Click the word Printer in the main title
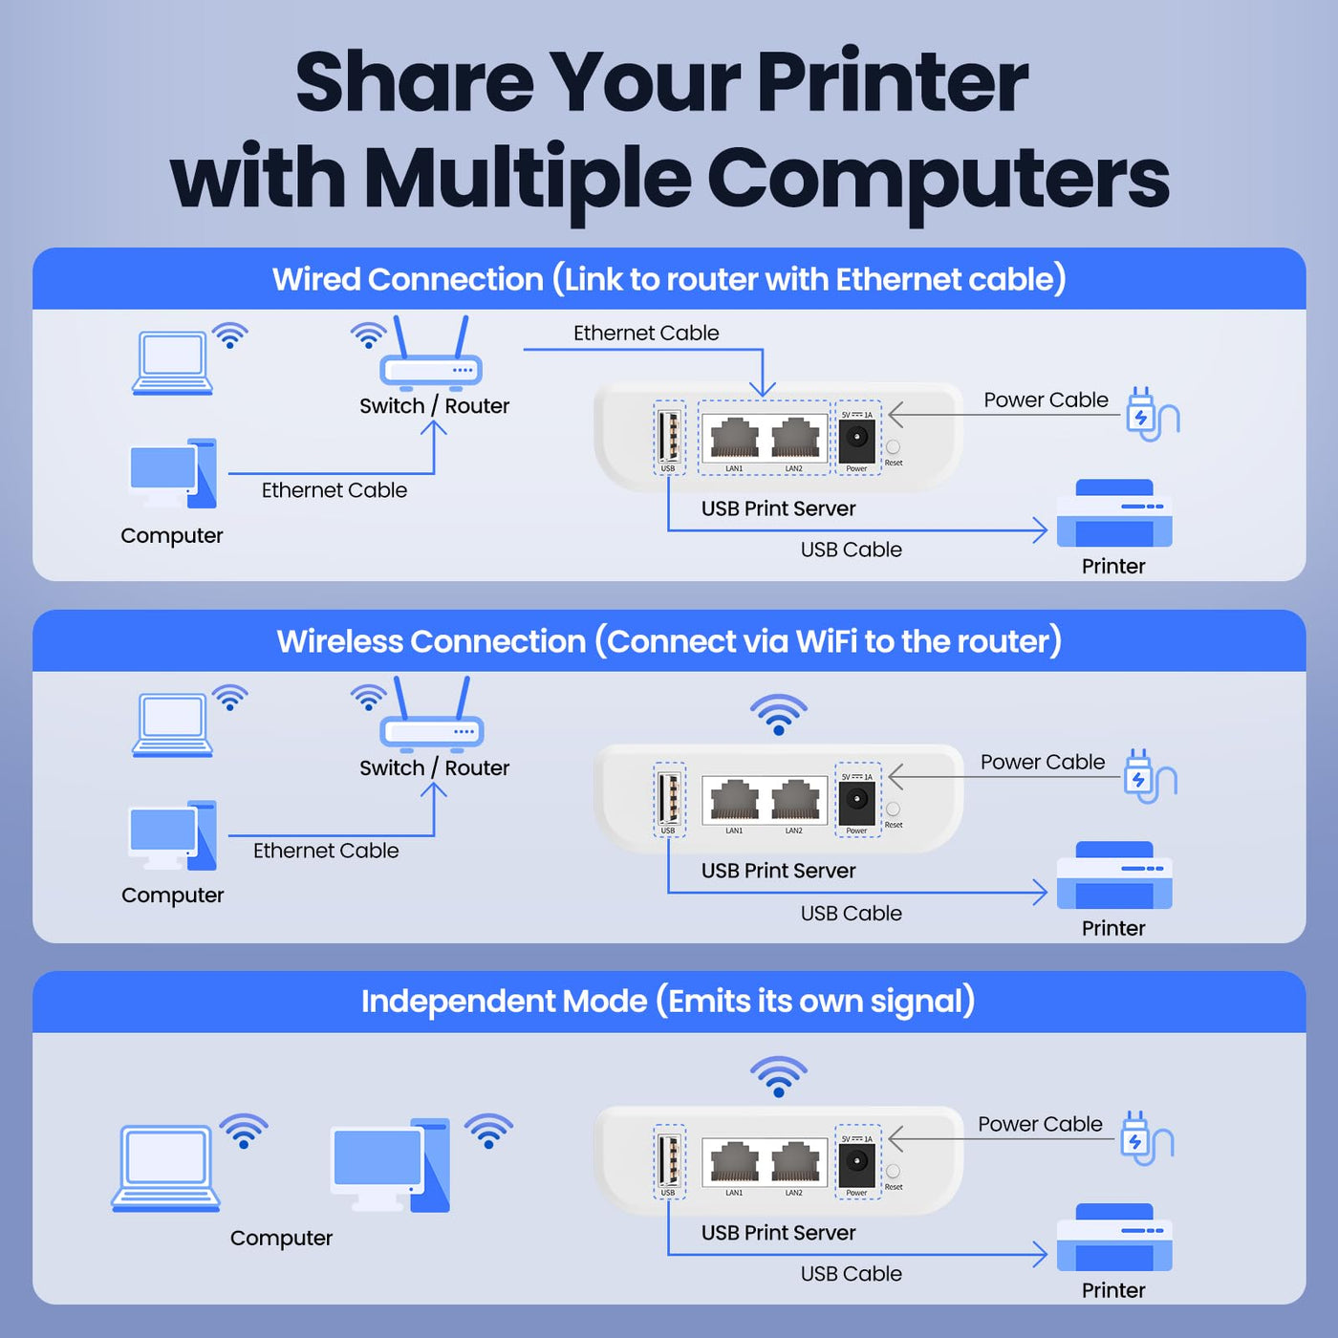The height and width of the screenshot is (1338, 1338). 892,82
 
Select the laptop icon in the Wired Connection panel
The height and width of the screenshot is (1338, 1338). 172,363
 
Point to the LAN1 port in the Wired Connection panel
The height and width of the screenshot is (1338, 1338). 735,438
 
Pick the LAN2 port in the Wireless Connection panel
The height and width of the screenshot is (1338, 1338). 794,800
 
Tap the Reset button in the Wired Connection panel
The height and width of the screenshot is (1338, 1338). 893,446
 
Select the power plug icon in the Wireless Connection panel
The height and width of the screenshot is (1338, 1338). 1150,776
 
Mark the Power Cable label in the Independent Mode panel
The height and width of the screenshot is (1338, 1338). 1040,1124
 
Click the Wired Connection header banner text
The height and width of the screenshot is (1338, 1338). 669,280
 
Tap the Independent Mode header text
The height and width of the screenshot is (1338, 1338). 668,1002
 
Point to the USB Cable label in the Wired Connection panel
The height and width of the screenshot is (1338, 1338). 851,550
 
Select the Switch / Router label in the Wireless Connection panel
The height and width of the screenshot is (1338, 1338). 434,768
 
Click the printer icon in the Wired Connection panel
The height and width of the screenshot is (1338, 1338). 1113,513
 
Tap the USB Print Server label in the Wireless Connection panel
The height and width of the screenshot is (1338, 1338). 778,871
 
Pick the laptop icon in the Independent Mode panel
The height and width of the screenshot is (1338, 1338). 165,1169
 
